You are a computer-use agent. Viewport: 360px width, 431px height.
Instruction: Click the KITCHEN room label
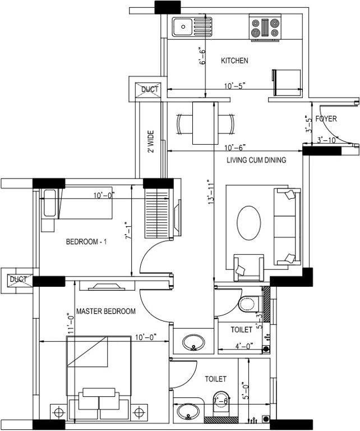pyautogui.click(x=234, y=61)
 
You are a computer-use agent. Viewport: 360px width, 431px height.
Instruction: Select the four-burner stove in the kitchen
pyautogui.click(x=265, y=28)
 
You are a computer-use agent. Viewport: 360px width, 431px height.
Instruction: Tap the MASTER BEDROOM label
pyautogui.click(x=105, y=311)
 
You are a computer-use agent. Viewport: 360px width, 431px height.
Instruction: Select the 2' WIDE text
pyautogui.click(x=150, y=143)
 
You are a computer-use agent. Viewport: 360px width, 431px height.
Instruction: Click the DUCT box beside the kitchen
pyautogui.click(x=149, y=89)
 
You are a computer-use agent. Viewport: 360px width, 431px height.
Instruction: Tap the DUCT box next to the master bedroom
pyautogui.click(x=18, y=279)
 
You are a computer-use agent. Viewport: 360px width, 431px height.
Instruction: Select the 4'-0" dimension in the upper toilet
pyautogui.click(x=242, y=346)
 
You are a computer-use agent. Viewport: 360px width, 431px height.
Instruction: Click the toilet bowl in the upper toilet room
pyautogui.click(x=248, y=304)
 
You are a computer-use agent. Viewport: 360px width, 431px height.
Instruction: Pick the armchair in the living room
pyautogui.click(x=248, y=267)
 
